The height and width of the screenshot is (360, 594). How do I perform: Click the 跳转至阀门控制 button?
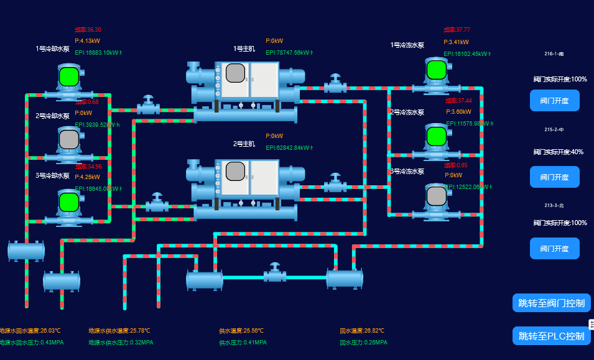(x=552, y=303)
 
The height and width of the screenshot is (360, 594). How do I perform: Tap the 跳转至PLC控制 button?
(x=552, y=336)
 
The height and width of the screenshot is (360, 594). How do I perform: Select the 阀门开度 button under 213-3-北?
(x=554, y=249)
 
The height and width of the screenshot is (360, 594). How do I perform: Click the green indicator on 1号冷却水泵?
(x=69, y=76)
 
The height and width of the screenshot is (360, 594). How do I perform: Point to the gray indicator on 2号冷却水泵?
(x=69, y=139)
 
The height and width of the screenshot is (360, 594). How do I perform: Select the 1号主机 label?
(x=244, y=48)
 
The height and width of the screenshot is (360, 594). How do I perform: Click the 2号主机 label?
(x=244, y=144)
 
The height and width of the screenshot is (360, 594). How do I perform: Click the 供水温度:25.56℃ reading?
(x=241, y=331)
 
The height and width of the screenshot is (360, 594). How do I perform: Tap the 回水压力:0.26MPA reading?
(x=363, y=343)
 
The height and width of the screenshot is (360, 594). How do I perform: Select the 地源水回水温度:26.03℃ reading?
(x=30, y=331)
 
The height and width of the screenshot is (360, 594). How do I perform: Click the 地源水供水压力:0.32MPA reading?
(x=121, y=343)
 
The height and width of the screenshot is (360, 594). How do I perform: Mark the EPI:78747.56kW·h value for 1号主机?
(x=289, y=53)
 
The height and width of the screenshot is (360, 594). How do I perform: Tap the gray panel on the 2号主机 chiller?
(x=235, y=170)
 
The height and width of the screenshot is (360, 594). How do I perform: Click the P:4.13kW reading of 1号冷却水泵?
(x=87, y=41)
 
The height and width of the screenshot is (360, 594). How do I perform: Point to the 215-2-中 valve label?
(x=554, y=129)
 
